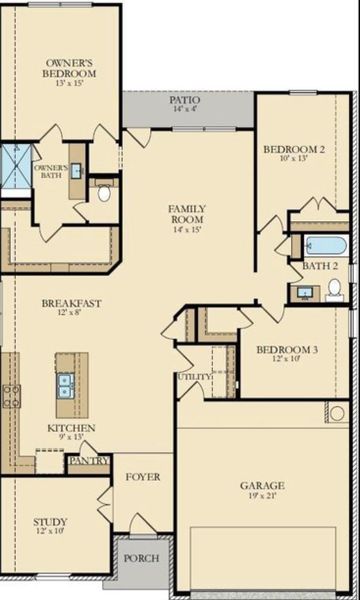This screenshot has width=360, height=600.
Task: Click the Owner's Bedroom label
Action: pos(70,68)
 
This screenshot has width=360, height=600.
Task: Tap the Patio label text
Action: pos(184,100)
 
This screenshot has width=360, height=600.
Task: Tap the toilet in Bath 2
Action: pos(335,288)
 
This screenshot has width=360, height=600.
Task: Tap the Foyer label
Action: pos(142,477)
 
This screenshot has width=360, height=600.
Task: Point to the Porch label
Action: pos(140,558)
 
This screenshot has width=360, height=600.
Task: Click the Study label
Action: pos(50,521)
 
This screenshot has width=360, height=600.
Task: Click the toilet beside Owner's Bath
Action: pos(104,194)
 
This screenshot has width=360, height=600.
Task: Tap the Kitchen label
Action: pos(72,428)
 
